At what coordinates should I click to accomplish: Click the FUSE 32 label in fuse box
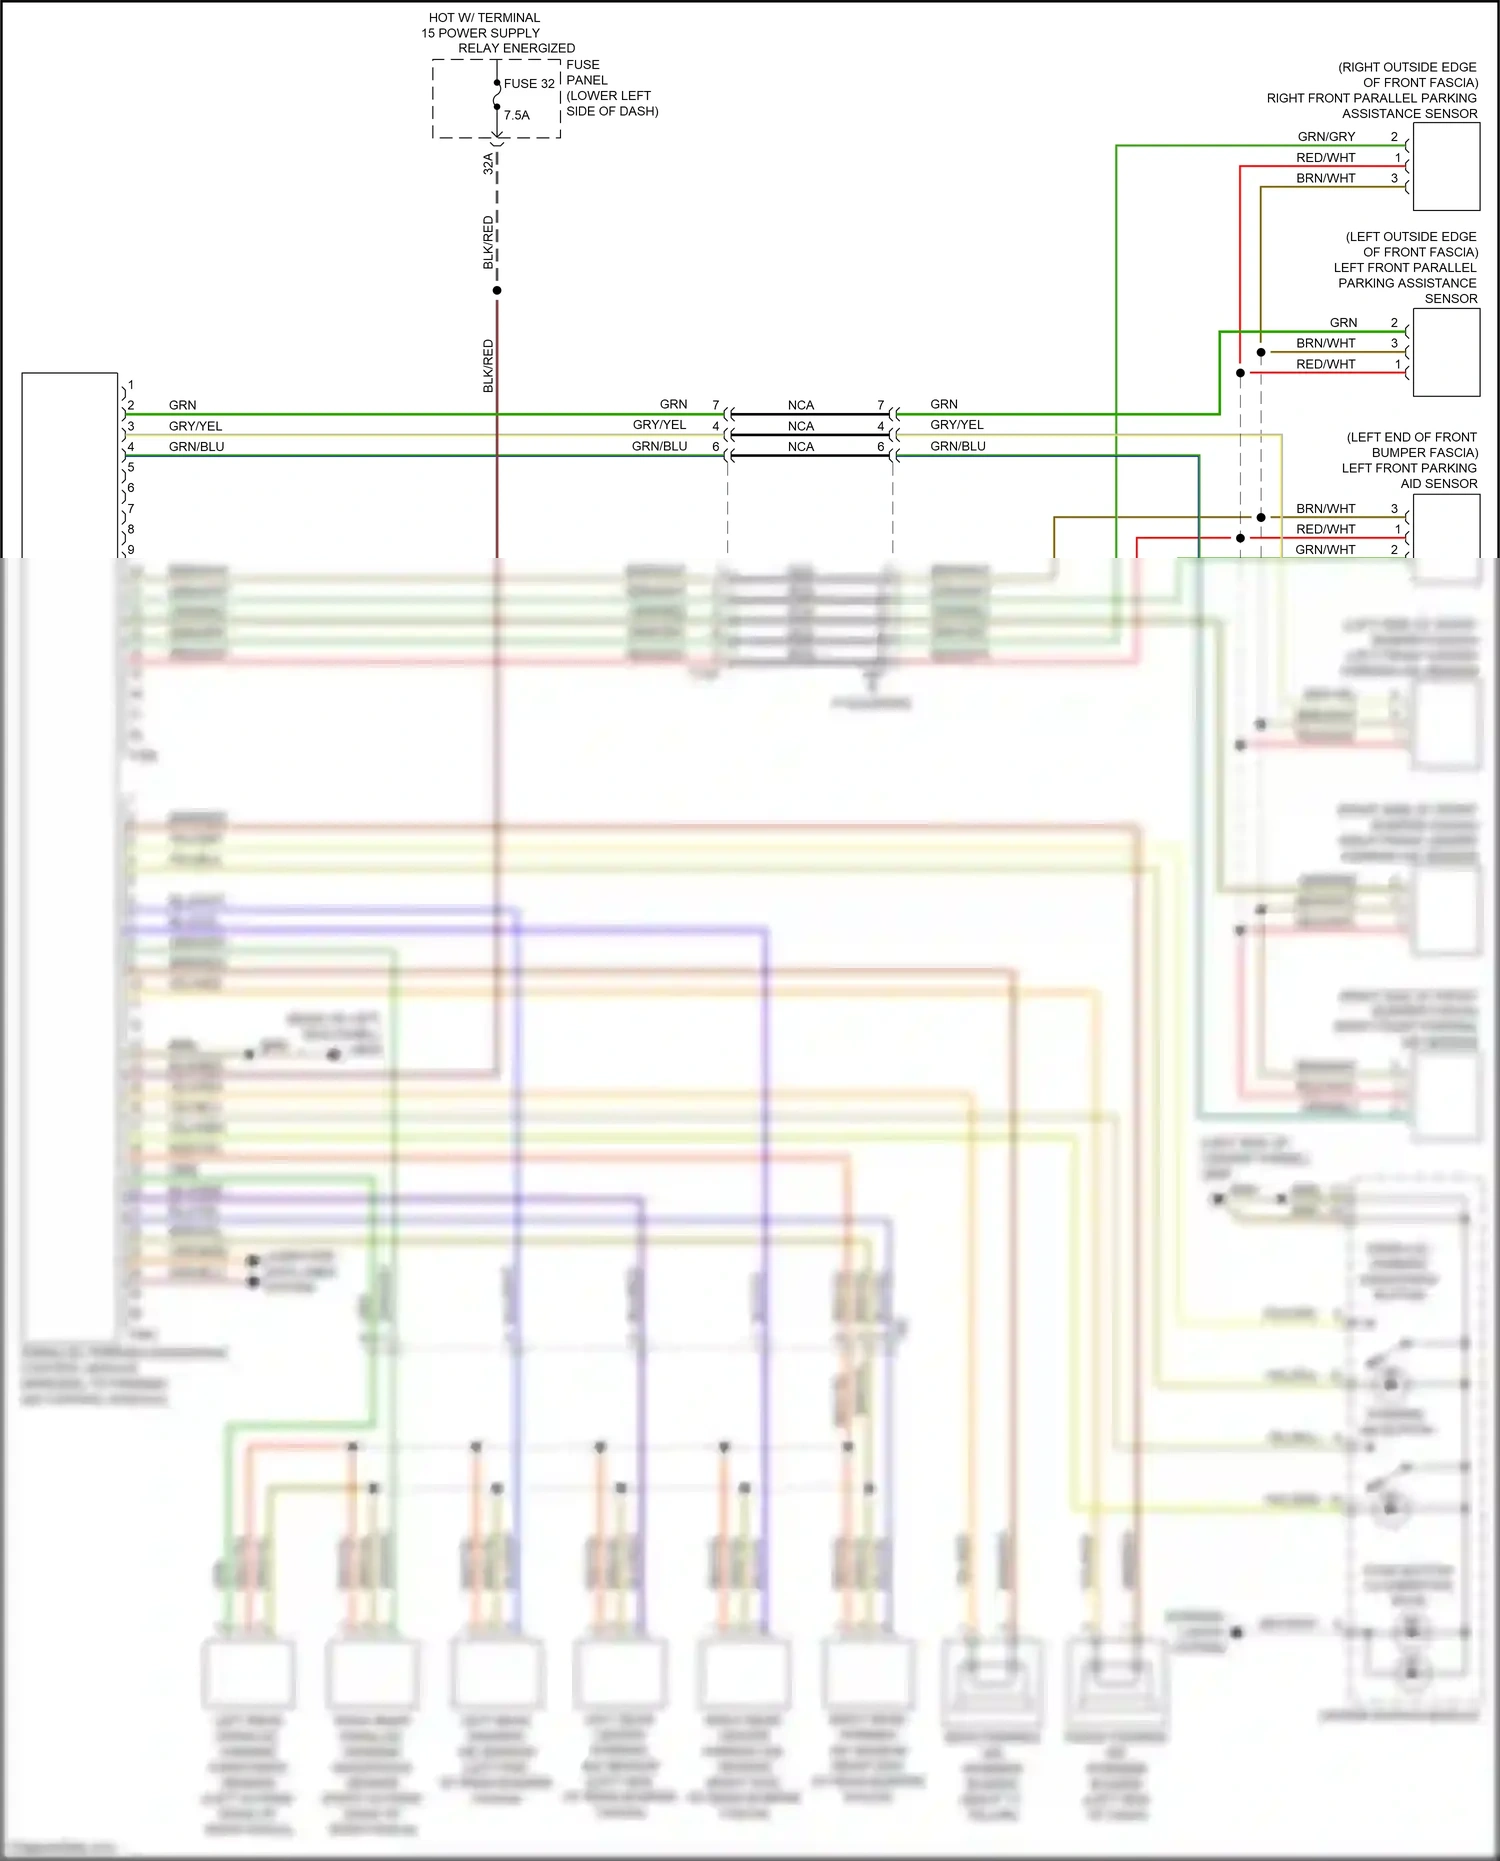coord(528,84)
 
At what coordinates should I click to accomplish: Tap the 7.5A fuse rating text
coord(517,115)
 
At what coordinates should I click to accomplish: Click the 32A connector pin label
coord(488,163)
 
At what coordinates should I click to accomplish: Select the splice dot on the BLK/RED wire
coord(497,290)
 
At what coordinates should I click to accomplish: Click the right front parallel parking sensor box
coord(1445,167)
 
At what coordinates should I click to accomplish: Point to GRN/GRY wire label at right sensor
coord(1326,137)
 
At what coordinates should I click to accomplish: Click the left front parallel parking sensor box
coord(1445,352)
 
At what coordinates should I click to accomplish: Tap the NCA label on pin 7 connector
coord(801,405)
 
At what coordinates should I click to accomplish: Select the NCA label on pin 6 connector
coord(801,447)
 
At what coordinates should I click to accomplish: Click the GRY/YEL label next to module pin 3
coord(196,426)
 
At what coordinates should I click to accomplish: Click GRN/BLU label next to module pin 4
coord(197,447)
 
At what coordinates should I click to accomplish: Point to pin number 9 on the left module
coord(131,549)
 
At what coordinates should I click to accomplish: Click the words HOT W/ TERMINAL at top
coord(484,18)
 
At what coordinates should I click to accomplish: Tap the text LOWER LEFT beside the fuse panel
coord(610,96)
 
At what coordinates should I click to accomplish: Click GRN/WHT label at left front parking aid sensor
coord(1325,549)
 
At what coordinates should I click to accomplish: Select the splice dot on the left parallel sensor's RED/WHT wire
coord(1240,373)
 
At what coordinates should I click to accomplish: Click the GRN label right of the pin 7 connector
coord(944,404)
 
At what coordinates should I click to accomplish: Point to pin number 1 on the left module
coord(131,385)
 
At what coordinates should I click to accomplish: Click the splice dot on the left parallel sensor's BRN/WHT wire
coord(1261,352)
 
